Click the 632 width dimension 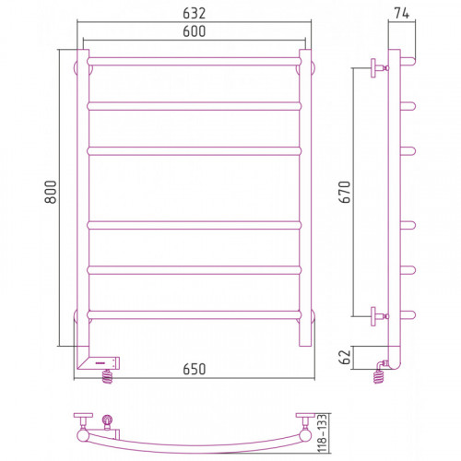194,13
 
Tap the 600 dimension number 194,31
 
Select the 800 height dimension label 51,192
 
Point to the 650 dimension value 194,369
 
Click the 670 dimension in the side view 345,192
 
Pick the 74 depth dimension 401,13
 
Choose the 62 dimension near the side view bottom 345,357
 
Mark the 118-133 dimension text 322,433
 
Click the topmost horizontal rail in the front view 194,62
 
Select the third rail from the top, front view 194,151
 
